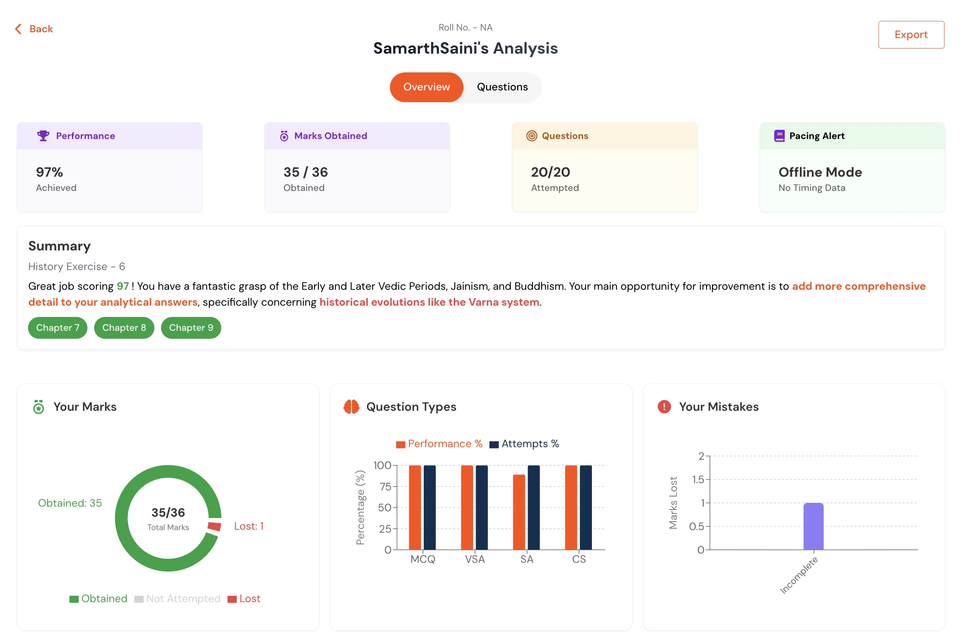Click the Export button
911,35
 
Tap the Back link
35,29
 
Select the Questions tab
502,87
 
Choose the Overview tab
426,87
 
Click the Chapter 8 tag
124,327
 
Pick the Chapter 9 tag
191,327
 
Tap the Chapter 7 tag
58,327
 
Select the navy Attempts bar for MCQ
430,507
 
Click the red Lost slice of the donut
214,526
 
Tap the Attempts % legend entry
525,444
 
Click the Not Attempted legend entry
178,599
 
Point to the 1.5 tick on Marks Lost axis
698,479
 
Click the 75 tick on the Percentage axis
385,487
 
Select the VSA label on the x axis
475,559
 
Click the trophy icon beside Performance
43,136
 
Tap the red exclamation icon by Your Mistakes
664,407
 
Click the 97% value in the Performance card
49,172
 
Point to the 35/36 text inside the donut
168,513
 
